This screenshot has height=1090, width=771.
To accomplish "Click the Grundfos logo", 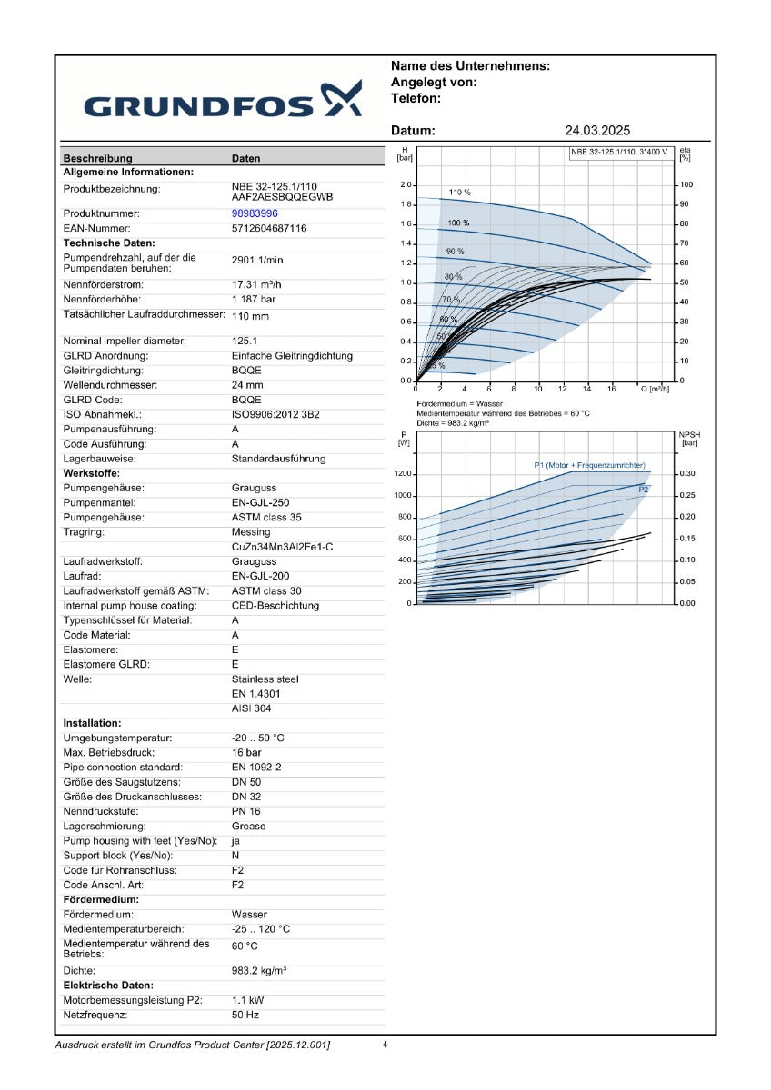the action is (223, 100).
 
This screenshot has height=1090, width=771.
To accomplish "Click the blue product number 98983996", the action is (255, 213).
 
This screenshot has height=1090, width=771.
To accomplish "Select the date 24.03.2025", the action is (597, 131).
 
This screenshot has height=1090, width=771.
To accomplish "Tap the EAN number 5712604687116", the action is (269, 228).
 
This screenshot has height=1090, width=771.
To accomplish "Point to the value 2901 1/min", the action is (257, 260).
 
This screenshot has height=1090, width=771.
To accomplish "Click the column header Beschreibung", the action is (98, 158).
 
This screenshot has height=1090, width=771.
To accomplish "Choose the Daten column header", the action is (246, 158).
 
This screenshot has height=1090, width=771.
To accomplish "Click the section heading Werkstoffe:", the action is (92, 473).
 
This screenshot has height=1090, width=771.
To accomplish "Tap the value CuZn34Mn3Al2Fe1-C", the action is (283, 547).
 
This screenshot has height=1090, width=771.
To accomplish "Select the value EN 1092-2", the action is (256, 768).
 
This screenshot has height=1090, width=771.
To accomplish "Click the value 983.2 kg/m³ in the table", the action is (259, 971).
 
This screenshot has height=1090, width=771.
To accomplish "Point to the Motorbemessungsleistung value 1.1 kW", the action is (248, 1000).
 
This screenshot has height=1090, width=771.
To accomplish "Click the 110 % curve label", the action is (459, 193).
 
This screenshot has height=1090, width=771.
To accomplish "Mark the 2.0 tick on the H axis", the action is (406, 185).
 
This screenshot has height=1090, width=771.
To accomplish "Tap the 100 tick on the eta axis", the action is (686, 184).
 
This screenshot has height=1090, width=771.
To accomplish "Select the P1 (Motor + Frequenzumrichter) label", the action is (589, 465).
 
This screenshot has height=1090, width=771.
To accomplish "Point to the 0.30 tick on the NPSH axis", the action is (687, 473).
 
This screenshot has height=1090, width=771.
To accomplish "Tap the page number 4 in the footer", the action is (385, 1045).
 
